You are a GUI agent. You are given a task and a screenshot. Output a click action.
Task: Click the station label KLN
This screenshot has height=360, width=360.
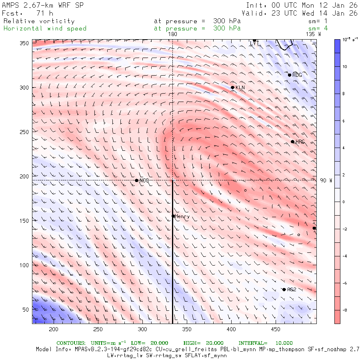[x=240, y=88]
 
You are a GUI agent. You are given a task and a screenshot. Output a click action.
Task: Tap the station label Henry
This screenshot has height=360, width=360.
[x=182, y=216]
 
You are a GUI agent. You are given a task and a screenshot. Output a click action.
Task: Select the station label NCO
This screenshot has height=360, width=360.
[x=144, y=181]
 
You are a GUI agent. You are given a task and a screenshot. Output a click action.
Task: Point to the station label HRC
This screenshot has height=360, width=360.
[x=300, y=142]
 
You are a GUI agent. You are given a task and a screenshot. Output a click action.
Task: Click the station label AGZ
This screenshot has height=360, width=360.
[x=291, y=290]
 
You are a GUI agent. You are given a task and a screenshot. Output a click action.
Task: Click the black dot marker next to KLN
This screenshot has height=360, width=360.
[x=232, y=87]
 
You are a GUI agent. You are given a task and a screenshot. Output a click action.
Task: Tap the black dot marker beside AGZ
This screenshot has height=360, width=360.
[x=284, y=290]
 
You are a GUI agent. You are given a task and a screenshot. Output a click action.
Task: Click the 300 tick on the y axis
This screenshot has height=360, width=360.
[x=26, y=88]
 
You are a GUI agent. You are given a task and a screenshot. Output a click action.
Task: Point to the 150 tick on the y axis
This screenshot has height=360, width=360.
[x=26, y=221]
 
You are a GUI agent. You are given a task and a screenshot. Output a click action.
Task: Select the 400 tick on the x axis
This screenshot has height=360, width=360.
[x=230, y=329]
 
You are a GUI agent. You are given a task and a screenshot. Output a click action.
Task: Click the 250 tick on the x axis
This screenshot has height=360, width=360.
[x=98, y=329]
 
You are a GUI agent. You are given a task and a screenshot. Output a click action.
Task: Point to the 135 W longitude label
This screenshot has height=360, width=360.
[x=313, y=34]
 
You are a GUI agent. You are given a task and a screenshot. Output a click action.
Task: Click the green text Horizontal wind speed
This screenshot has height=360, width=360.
[x=45, y=28]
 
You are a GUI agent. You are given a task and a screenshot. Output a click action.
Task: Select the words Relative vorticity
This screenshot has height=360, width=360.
[x=39, y=21]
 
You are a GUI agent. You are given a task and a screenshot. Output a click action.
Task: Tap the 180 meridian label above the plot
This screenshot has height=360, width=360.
[x=172, y=34]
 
